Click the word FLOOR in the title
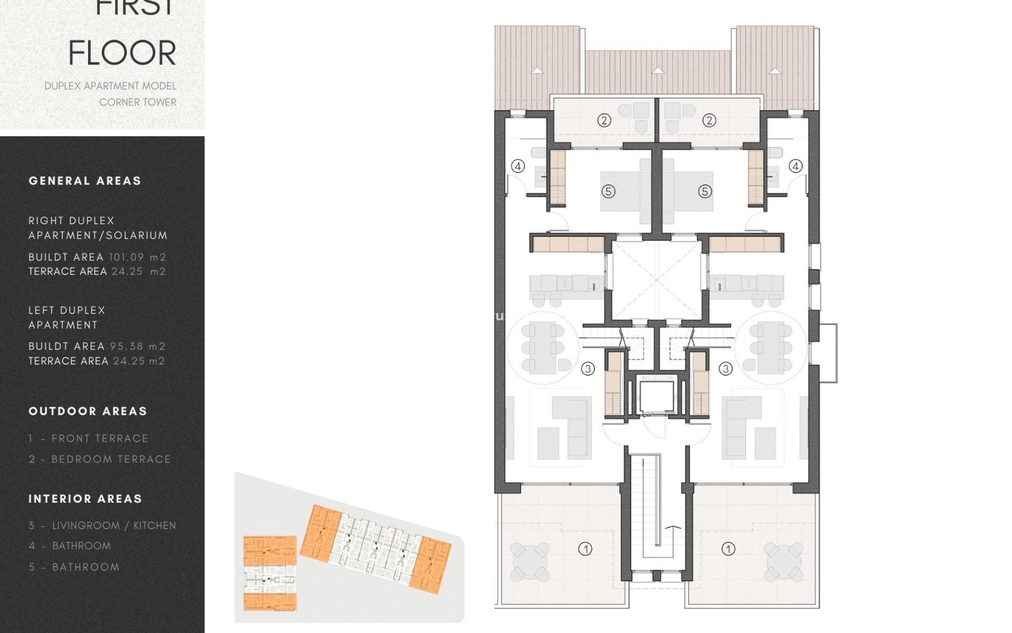[122, 53]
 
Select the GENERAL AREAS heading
[85, 181]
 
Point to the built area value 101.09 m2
[137, 257]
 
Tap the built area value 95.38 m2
[137, 347]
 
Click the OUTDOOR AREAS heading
[87, 411]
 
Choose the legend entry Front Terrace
[89, 438]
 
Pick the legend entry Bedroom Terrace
[100, 459]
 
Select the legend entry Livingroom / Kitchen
[102, 525]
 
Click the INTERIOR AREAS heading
[85, 499]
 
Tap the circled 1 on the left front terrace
[585, 549]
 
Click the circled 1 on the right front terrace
[728, 549]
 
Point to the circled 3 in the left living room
[588, 369]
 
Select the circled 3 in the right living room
[726, 369]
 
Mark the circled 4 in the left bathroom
[518, 166]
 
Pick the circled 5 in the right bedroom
[705, 191]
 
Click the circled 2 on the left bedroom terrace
[604, 120]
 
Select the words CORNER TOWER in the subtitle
[138, 102]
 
